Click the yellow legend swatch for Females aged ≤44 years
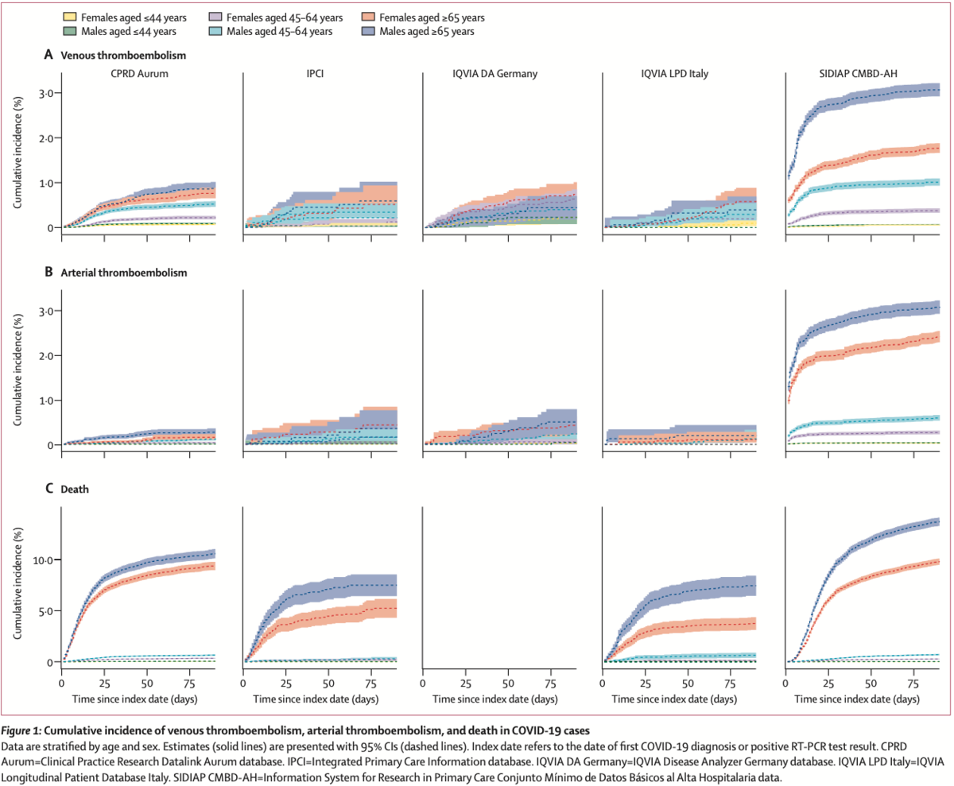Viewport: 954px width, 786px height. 71,17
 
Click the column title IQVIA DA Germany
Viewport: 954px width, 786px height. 491,75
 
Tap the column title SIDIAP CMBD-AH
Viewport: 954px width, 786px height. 853,75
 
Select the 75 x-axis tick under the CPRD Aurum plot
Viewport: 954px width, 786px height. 188,683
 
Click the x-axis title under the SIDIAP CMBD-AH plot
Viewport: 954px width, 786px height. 862,699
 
